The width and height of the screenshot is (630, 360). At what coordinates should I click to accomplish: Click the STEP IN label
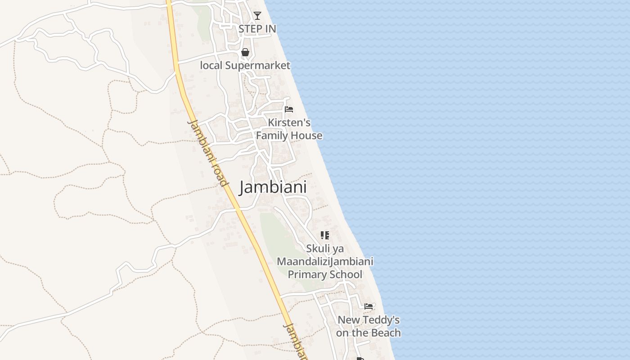[257, 29]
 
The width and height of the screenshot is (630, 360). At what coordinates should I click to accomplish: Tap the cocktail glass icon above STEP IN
[257, 16]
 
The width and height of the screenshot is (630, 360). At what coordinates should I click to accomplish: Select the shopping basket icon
[245, 52]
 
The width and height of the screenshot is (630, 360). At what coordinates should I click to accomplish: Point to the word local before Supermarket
[211, 65]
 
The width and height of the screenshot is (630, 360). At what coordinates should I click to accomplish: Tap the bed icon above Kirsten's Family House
[289, 109]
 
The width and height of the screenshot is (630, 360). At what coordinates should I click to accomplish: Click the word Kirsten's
[289, 122]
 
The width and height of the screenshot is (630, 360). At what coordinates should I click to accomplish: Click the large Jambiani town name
[273, 187]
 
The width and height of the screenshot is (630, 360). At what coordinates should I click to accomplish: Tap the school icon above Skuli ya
[325, 235]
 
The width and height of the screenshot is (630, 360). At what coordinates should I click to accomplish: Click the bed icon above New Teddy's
[369, 306]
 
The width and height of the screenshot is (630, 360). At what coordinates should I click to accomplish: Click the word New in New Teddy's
[349, 320]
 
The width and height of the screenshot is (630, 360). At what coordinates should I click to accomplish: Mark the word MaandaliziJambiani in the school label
[325, 261]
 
